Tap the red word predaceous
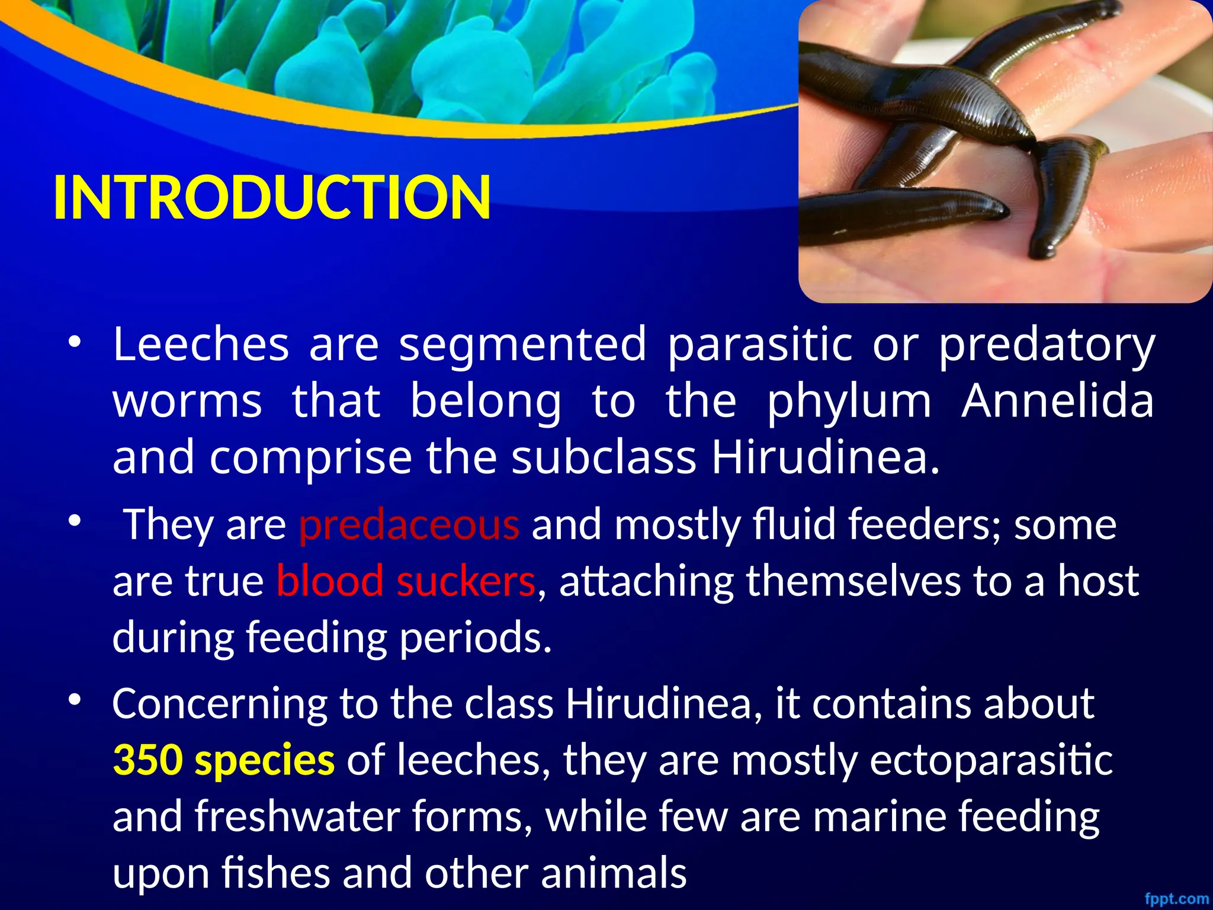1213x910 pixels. coord(409,524)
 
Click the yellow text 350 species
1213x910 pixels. coord(223,760)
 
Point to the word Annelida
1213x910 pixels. coord(1057,401)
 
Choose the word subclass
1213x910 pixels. coord(604,457)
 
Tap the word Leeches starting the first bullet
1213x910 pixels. coord(201,344)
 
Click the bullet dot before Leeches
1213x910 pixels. coord(73,342)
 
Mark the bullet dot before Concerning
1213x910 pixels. coord(73,700)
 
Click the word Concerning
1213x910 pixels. coord(220,704)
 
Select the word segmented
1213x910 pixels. coord(522,344)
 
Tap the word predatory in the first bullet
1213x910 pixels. coord(1047,345)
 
